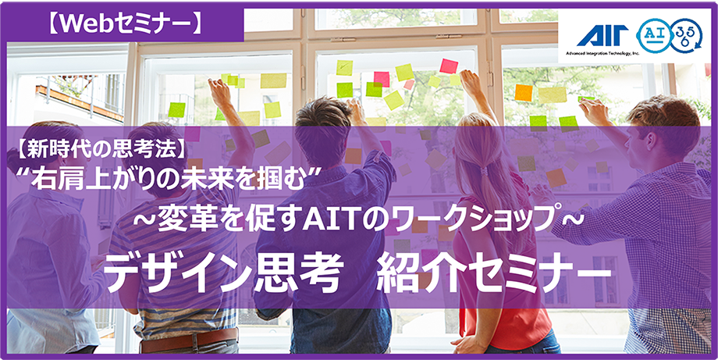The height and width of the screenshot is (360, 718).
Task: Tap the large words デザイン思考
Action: pos(223,273)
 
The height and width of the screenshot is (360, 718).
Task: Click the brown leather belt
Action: pos(189,340)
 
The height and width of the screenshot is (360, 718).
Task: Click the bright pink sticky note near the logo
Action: pos(448,66)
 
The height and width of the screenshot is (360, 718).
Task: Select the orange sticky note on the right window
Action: pos(524,92)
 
